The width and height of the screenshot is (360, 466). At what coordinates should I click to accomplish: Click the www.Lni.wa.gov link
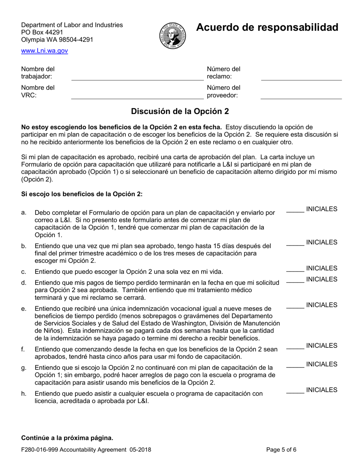44,50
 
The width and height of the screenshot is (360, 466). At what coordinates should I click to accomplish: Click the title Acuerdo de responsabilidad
267,27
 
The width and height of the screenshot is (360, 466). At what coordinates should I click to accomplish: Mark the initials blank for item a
295,213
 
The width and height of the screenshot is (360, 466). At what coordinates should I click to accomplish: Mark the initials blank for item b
295,246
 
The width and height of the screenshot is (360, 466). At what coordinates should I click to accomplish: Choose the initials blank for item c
295,271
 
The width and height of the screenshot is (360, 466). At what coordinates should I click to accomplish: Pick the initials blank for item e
295,308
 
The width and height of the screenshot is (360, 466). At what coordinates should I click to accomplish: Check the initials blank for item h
295,393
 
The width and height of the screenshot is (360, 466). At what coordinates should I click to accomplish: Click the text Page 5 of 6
281,450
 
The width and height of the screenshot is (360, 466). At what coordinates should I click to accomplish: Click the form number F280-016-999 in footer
41,450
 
